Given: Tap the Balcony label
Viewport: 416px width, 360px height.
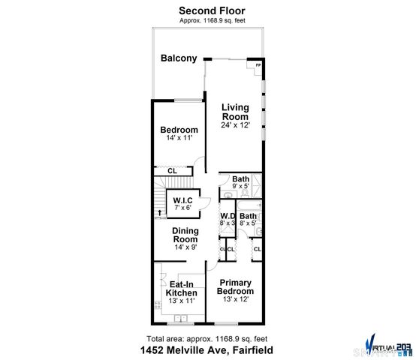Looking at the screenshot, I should [x=179, y=58].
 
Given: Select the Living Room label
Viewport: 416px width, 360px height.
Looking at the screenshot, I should [x=235, y=112].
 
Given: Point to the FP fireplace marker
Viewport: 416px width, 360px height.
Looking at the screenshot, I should [x=258, y=65].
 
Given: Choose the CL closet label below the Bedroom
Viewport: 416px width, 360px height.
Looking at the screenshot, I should [x=172, y=171].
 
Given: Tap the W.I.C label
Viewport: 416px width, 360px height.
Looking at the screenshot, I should [x=184, y=200].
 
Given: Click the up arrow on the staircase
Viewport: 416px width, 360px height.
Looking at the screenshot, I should [x=158, y=213].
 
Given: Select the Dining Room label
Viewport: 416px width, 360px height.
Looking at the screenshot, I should [x=185, y=235].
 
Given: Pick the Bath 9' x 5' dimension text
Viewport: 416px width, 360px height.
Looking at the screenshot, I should [x=240, y=185].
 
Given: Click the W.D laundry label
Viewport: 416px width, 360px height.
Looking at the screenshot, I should [x=228, y=216].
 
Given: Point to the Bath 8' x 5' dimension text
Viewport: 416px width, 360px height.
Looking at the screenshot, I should [x=248, y=223].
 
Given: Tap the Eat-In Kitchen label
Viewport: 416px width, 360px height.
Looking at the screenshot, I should [x=182, y=289].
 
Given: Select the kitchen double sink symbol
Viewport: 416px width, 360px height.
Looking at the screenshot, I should [x=181, y=318].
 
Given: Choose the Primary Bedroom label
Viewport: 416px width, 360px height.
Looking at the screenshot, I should [x=236, y=287].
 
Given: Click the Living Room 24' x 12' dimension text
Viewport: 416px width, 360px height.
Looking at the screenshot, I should [x=235, y=125].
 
